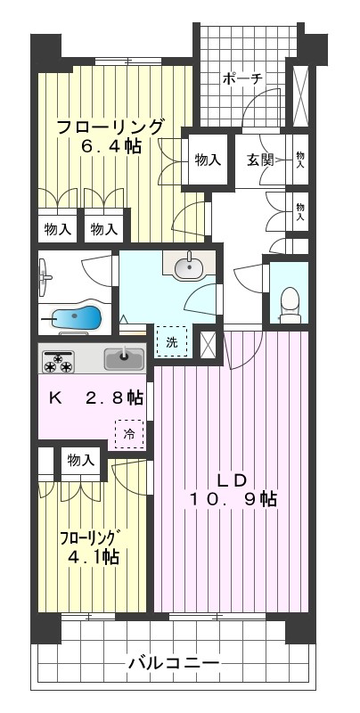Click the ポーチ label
pos(242,78)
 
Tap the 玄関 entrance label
pos(260,160)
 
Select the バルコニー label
pos(173,663)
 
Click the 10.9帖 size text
pos(232,500)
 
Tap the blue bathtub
pos(71,317)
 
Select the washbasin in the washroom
pos(189,266)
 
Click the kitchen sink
pos(124,360)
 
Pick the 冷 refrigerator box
pos(128,434)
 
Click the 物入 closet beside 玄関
pos(208,160)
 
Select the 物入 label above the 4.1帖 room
pos(79,460)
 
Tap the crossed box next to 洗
pos(208,344)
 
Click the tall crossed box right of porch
pos(300,94)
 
